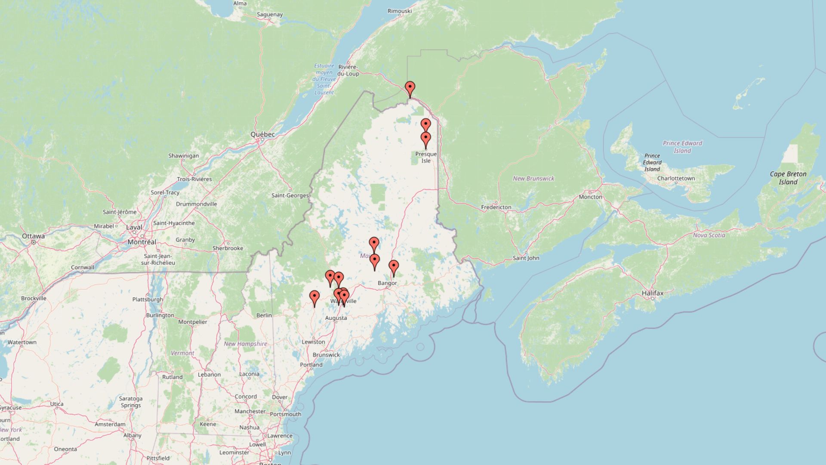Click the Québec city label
pos(262,134)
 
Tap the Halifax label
pos(653,293)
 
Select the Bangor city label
pos(387,283)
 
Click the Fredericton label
pos(496,207)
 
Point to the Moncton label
pos(590,197)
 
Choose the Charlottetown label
pos(675,178)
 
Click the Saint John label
pos(526,258)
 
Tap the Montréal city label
pos(142,242)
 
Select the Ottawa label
pos(33,236)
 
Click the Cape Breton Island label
pos(788,178)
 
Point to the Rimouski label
pos(399,11)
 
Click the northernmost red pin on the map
pos(410,89)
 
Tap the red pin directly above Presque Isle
pos(425,139)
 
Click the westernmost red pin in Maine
pos(314,298)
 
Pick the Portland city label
pos(311,365)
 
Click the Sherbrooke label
pos(228,248)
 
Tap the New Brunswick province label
pos(533,178)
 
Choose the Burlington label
pos(160,315)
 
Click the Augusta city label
pos(336,318)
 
